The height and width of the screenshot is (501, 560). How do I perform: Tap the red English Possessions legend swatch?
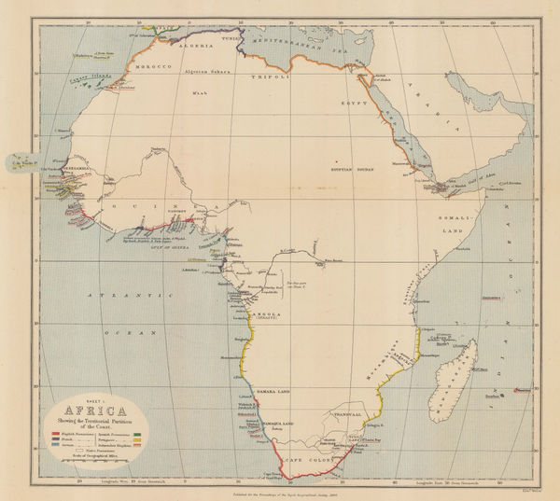pos(54,435)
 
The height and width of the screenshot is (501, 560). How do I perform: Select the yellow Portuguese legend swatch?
pos(136,440)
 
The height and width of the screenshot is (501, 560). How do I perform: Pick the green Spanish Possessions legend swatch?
pos(136,435)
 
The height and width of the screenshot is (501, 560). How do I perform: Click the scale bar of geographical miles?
pos(93,460)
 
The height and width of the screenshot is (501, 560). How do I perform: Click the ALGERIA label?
pos(224,44)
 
